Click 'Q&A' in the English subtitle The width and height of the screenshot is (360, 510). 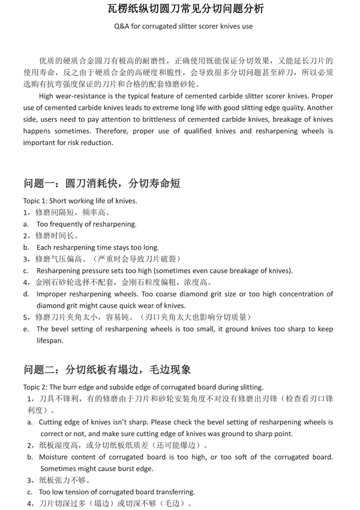click(121, 26)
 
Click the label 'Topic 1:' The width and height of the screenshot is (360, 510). click(38, 200)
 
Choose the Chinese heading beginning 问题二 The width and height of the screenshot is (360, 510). click(107, 369)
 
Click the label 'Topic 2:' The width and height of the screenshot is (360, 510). click(38, 387)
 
